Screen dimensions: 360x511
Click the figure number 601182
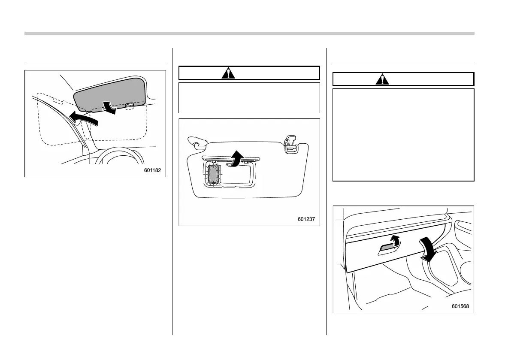(153, 171)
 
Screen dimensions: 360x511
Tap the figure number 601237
(306, 219)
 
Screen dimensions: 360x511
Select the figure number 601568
(460, 306)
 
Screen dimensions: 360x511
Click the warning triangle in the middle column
(229, 73)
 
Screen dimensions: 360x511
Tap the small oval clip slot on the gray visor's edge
(130, 105)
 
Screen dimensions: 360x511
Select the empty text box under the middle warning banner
(249, 98)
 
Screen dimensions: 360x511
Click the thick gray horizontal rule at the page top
(249, 33)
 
